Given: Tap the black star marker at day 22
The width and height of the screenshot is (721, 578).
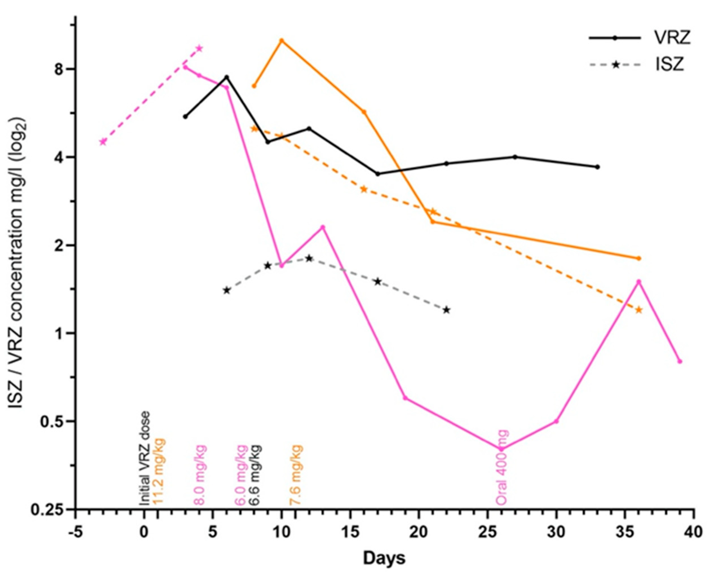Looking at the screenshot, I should [x=446, y=310].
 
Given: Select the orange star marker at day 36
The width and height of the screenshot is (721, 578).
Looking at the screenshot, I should [x=639, y=310].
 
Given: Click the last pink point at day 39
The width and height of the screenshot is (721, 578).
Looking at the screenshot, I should [x=680, y=361].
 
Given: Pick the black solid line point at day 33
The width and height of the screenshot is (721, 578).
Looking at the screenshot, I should [x=597, y=167].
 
